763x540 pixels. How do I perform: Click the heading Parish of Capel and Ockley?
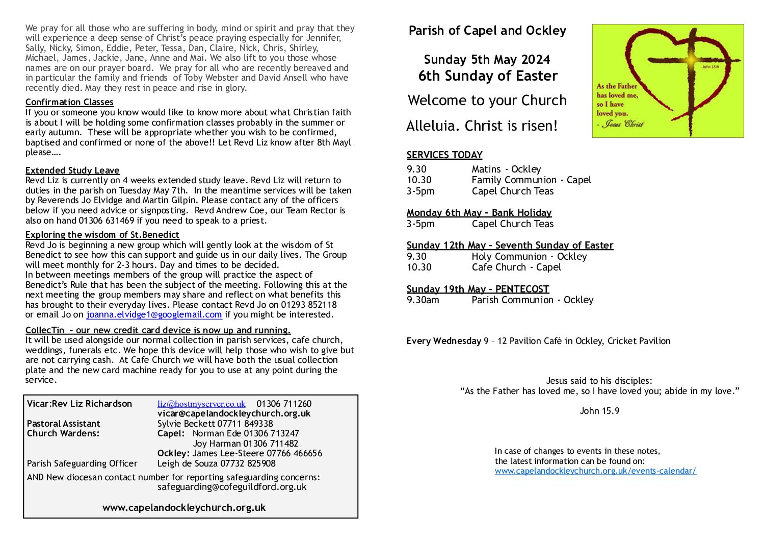pos(487,31)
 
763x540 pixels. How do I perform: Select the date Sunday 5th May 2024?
pos(487,60)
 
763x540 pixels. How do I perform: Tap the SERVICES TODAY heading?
pos(444,155)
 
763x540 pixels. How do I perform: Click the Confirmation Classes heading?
pos(69,102)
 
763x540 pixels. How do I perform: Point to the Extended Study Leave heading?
pos(72,170)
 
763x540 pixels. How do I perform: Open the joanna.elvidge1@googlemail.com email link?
pos(154,315)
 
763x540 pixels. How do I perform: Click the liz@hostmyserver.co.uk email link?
pos(201,404)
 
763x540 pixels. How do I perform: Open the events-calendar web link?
pos(595,471)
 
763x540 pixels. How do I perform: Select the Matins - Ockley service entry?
pos(506,169)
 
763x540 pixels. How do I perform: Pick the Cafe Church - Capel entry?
pos(516,267)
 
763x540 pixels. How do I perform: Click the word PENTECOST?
pos(522,289)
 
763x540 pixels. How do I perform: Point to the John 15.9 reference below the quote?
pos(599,411)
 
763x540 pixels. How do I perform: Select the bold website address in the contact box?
pos(184,508)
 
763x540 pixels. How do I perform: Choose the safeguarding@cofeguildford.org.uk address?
pos(232,487)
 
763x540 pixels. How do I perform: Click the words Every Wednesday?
pos(443,341)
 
